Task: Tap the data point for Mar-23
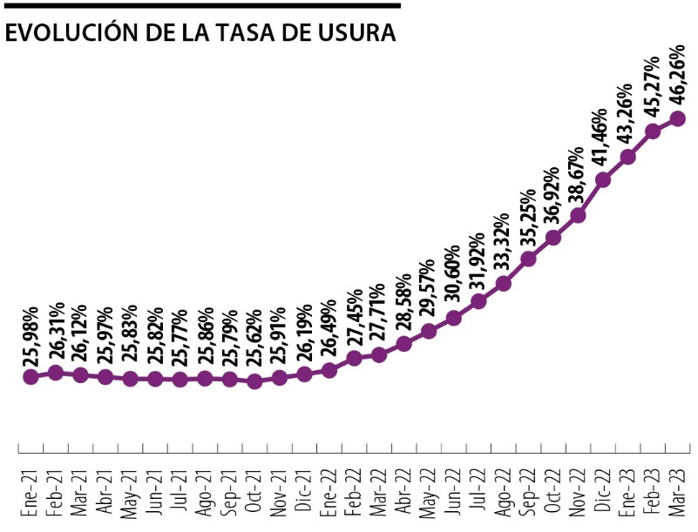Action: [677, 118]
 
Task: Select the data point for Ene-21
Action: [30, 377]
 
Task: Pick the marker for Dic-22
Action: [602, 179]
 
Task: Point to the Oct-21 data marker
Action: [254, 381]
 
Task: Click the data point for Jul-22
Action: [478, 301]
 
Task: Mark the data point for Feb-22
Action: [354, 358]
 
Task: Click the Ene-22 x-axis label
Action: [329, 493]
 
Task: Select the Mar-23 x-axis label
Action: [677, 493]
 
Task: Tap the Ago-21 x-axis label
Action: [205, 493]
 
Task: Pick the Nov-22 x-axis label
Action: [578, 493]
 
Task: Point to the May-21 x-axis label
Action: [130, 493]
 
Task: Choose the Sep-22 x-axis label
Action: [528, 493]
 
